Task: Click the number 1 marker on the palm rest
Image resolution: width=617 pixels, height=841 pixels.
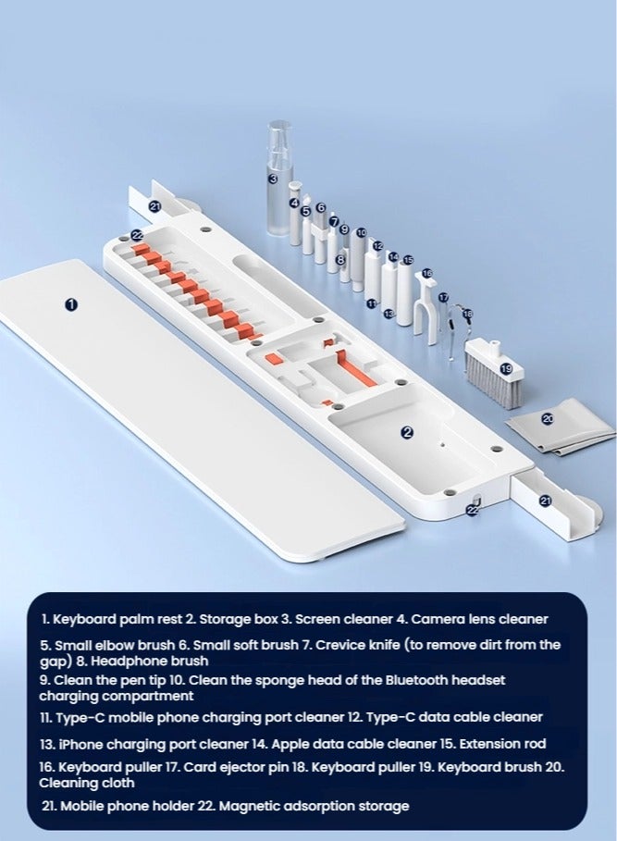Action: (x=71, y=304)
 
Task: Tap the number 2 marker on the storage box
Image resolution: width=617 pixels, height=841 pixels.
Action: (x=407, y=432)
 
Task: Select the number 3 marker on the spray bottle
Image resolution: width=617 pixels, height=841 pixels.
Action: (x=273, y=179)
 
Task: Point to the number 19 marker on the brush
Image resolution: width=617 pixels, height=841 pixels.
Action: (x=506, y=368)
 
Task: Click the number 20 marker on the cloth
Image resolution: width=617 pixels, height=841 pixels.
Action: (x=548, y=418)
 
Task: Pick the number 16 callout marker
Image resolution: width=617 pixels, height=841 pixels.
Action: (x=426, y=273)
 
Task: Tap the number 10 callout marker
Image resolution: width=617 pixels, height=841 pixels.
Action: (x=362, y=233)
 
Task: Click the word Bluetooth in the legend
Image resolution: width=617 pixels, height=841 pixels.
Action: (x=417, y=680)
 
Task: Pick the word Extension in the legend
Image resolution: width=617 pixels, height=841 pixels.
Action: (x=488, y=744)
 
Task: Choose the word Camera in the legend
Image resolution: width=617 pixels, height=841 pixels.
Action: (x=438, y=619)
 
